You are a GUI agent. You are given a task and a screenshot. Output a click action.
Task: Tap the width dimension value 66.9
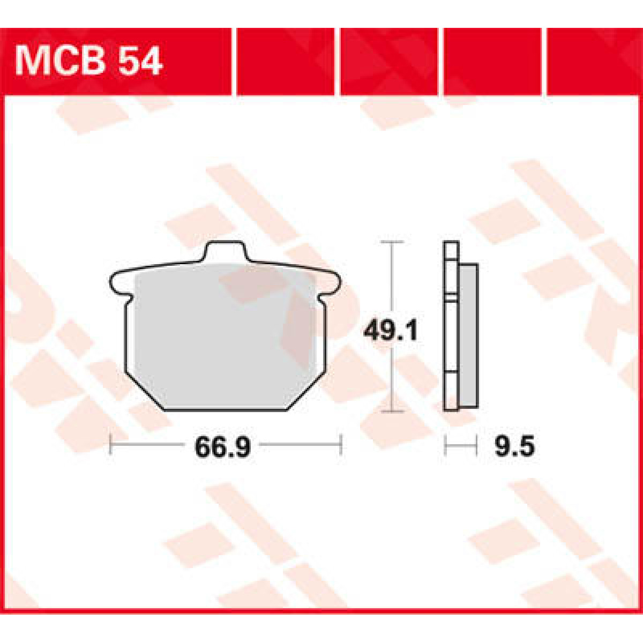coord(222,447)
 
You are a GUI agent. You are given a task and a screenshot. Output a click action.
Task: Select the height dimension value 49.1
coord(390,331)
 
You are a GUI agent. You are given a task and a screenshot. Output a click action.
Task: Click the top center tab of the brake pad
coord(226,252)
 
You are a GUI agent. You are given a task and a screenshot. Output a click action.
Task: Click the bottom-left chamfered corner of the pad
coord(144,391)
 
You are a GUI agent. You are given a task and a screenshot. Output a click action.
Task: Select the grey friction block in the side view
coord(468,335)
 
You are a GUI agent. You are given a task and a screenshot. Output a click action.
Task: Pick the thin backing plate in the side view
coord(451,327)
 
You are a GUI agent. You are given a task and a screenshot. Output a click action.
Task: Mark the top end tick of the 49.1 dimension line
coord(394,243)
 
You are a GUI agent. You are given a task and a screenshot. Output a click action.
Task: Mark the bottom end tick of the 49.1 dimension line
coord(394,412)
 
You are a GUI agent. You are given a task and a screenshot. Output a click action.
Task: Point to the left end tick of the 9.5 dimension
coord(445,445)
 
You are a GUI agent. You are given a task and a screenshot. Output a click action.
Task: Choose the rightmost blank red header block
coord(594,61)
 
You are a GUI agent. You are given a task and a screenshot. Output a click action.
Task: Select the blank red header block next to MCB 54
coord(285,61)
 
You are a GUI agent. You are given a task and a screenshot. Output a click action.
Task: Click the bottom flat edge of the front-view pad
coord(226,410)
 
